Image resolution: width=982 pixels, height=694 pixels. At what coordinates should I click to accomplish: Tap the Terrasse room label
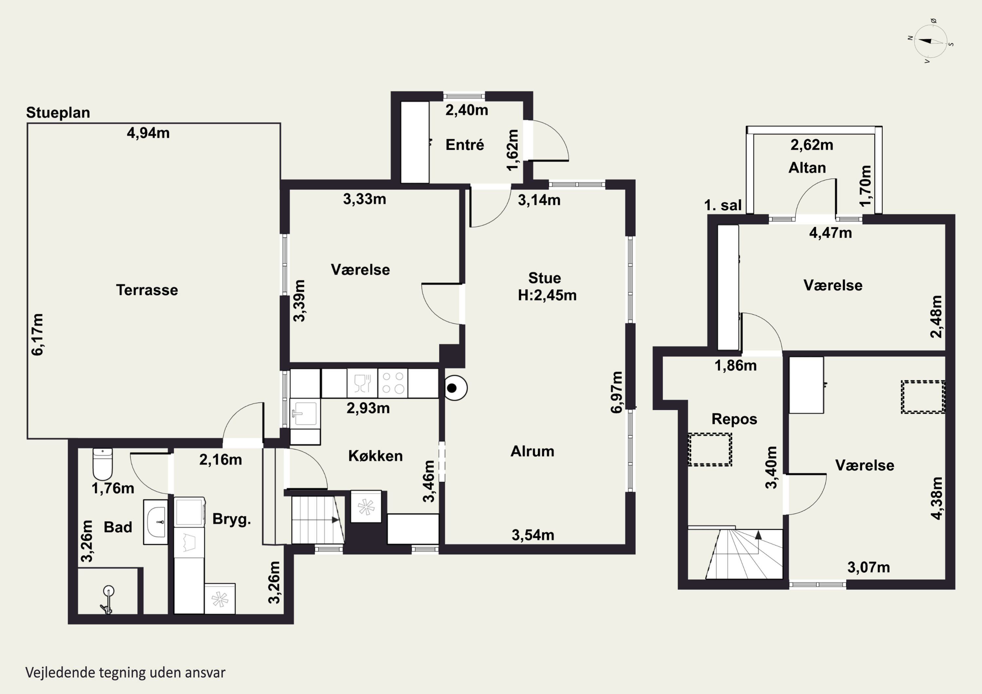[147, 290]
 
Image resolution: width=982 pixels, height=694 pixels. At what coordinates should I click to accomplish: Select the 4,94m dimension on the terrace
[148, 133]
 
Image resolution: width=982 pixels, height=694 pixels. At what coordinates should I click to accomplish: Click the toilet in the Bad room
[103, 464]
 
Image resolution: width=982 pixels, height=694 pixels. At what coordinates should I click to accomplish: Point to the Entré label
[464, 145]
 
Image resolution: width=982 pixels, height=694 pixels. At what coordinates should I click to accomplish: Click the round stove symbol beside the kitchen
[455, 388]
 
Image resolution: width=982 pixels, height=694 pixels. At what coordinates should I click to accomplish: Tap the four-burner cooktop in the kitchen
[392, 383]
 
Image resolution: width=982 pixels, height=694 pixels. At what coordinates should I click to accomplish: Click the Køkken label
[375, 456]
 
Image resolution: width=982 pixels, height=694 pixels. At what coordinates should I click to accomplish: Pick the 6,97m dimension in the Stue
[616, 392]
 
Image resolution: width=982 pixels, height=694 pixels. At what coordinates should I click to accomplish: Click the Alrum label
[533, 451]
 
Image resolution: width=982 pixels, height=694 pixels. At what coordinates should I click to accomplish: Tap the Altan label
[807, 168]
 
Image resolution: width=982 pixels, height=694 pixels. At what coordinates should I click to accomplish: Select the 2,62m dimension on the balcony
[812, 145]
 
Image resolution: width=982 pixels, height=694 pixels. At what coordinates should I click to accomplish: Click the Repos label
[734, 419]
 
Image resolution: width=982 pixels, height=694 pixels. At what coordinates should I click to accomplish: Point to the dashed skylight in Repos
[710, 449]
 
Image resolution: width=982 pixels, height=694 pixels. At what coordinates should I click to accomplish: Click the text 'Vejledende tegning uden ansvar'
[125, 673]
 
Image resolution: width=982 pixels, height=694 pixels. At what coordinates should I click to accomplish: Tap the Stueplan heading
[58, 113]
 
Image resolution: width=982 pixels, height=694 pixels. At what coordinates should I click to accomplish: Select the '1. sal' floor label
[723, 205]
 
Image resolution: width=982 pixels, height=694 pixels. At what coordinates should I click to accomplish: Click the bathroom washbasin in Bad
[155, 522]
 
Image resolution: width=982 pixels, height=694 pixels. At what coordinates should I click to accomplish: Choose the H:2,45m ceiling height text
[547, 295]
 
